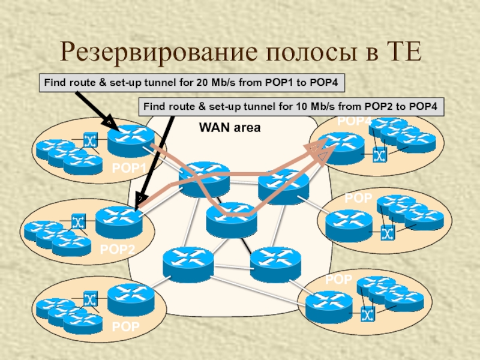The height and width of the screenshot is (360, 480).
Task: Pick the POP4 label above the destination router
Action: point(355,122)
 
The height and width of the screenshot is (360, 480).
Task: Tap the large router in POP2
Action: point(118,221)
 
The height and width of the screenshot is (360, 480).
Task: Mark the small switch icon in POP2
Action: point(79,222)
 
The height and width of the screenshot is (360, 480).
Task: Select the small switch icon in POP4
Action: point(379,156)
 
